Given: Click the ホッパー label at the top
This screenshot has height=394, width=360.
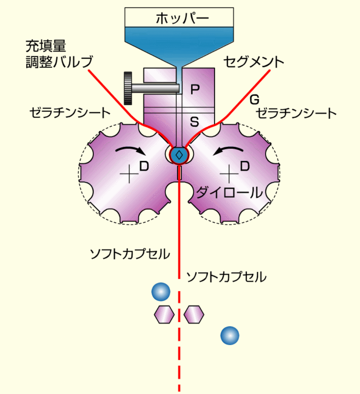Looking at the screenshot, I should [179, 18].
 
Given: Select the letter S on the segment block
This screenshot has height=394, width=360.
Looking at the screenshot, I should [194, 122].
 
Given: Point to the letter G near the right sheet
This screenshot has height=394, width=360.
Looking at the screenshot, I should [254, 100].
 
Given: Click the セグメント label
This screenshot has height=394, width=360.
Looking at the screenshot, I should [253, 62].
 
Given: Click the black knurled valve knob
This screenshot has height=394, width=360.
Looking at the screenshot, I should [128, 88].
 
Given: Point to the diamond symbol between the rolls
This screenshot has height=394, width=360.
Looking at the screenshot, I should [179, 155].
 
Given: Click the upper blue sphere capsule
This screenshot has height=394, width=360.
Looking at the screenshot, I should [161, 292].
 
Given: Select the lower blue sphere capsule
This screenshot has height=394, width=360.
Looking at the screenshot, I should [230, 336].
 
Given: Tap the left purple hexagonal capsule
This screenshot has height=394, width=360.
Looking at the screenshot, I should [164, 314].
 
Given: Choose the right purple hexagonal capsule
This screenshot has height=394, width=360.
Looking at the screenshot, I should [194, 314].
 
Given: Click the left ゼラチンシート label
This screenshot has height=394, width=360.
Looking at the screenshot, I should [70, 113].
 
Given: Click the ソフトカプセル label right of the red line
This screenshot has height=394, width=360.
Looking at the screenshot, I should [226, 277].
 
